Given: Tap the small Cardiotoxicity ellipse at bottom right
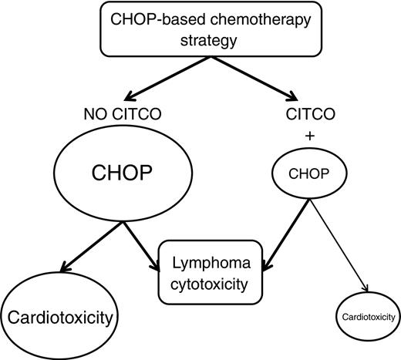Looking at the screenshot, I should [367, 317].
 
